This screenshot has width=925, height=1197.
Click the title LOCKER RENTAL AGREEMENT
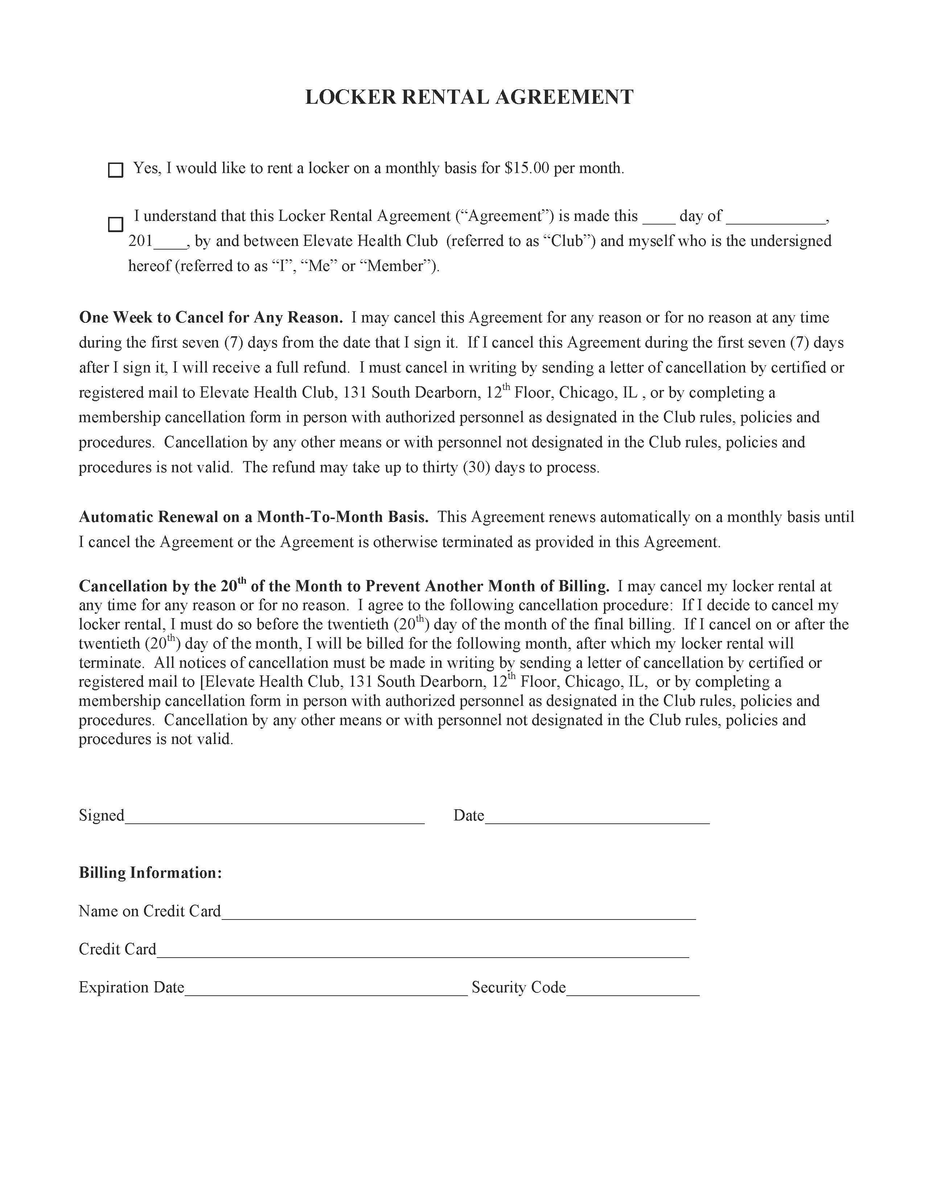click(x=469, y=97)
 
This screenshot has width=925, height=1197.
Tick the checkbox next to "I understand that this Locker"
click(x=115, y=224)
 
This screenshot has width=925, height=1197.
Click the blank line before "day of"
click(x=659, y=219)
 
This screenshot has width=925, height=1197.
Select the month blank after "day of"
click(x=776, y=219)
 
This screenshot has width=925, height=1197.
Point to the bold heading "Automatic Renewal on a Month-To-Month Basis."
click(x=254, y=517)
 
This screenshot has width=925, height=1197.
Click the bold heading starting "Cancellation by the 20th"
click(x=344, y=586)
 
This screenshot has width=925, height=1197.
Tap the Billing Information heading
click(x=150, y=872)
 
